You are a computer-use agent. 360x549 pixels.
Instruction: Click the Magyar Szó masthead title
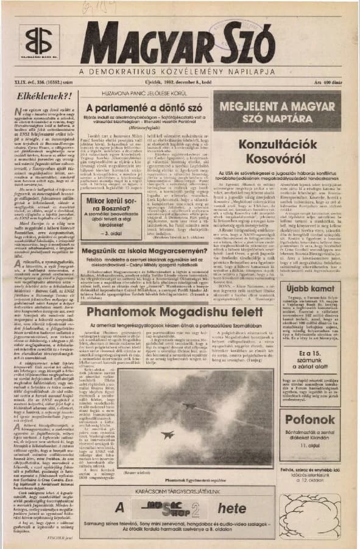click(x=177, y=43)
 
